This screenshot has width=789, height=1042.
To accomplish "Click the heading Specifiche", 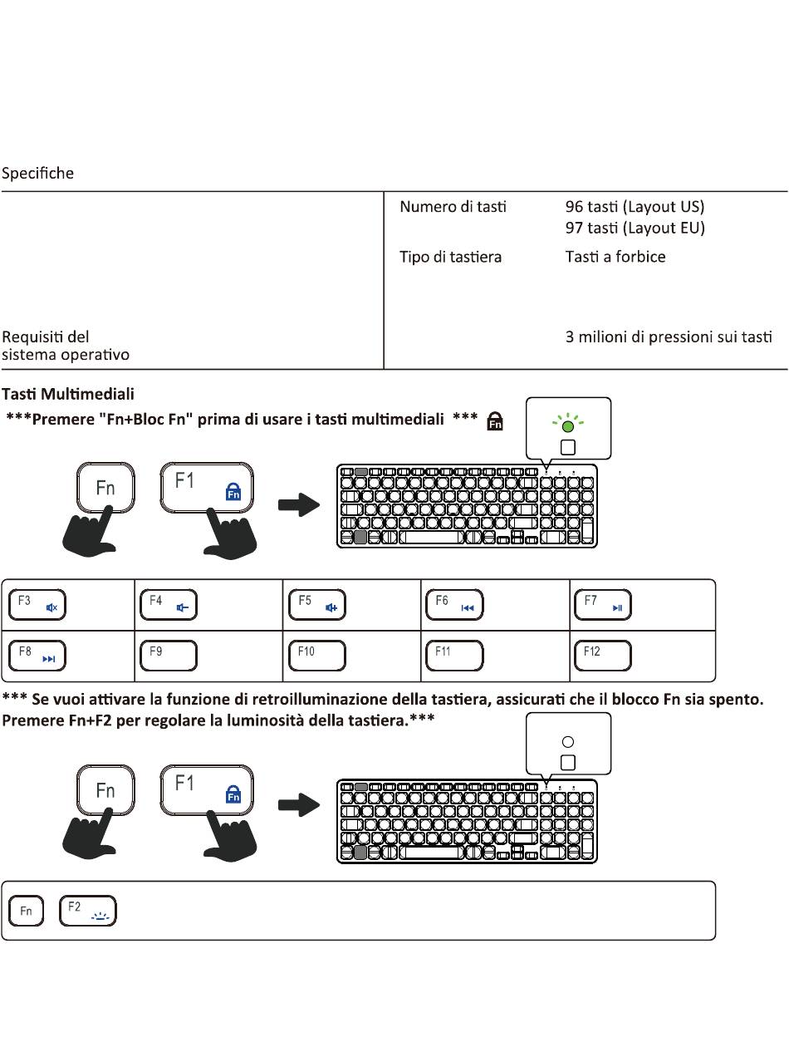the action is [37, 174].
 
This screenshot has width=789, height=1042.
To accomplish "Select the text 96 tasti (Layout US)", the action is [635, 207].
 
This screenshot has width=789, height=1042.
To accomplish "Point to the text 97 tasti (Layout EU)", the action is [635, 228].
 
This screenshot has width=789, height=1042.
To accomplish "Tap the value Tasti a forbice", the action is [615, 257].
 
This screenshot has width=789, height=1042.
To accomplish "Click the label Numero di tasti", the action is [453, 207].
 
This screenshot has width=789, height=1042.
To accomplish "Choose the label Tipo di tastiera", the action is [451, 257].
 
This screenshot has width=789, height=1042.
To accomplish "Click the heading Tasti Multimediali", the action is [68, 394].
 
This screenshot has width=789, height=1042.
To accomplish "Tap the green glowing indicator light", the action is [567, 425].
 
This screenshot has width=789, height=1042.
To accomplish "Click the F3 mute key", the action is [37, 604].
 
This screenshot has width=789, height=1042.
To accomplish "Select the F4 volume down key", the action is [169, 604].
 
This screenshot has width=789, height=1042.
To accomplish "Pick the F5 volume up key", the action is [317, 604].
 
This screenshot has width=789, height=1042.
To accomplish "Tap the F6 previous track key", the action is [454, 604].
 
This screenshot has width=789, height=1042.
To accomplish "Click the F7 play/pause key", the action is [603, 604].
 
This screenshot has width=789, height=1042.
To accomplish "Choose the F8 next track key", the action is [37, 656].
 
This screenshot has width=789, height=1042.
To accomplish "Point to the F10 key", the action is [317, 656].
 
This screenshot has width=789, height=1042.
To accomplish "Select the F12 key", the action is [603, 656].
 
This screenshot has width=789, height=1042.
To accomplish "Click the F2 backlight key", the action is [88, 911].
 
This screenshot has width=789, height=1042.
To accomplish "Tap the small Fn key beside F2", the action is [26, 911].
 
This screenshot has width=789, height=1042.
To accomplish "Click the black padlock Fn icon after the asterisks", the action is [495, 420].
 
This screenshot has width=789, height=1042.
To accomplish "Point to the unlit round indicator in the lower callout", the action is [567, 741].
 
